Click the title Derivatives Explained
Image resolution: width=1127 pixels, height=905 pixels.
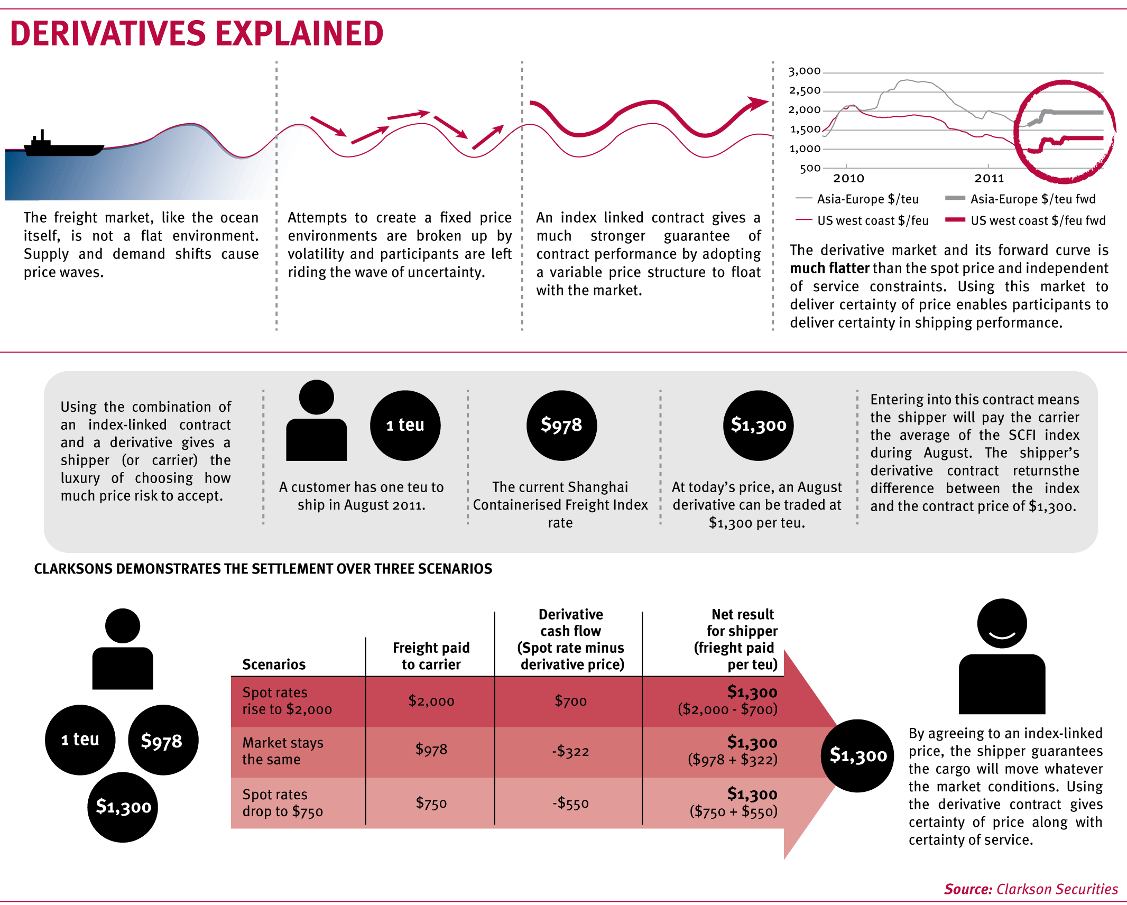tap(197, 34)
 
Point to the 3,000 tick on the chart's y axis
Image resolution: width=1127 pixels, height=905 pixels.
tap(805, 71)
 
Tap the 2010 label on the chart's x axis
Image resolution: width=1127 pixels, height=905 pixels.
tap(848, 179)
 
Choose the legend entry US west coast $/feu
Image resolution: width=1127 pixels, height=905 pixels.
tap(872, 221)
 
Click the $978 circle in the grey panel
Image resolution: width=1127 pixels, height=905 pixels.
tap(561, 425)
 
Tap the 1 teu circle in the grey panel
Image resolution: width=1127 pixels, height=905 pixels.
tap(405, 425)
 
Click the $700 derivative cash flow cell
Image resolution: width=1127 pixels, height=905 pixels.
tap(570, 701)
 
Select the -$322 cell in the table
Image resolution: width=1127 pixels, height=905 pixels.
tap(570, 752)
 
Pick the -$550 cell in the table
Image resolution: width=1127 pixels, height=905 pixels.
tap(570, 804)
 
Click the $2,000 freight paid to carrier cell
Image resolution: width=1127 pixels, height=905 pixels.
tap(431, 701)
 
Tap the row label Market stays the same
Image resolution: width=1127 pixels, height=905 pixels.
tap(283, 751)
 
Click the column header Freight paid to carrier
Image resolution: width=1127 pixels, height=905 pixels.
tap(431, 656)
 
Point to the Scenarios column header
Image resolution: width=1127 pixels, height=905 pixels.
tap(274, 664)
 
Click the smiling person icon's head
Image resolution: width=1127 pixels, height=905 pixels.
tap(1002, 623)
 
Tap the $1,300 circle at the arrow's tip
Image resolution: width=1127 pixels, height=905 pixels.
tap(858, 755)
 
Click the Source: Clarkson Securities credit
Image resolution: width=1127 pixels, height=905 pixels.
tap(1031, 889)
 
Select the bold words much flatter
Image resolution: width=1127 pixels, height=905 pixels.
tap(829, 269)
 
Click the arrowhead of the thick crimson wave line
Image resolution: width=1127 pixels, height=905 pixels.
tap(758, 103)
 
